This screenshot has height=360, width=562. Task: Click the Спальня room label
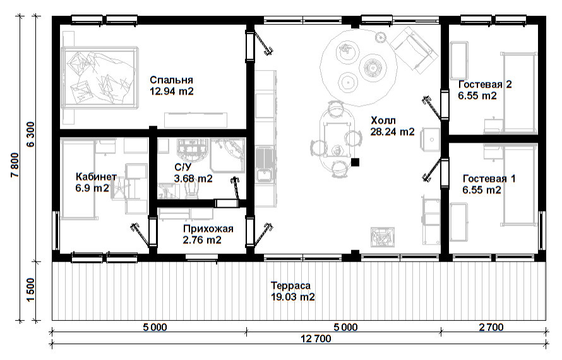point(171,80)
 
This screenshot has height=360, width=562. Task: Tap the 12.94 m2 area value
point(172,92)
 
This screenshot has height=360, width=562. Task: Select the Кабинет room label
point(96,177)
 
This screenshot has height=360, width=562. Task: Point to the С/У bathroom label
point(182,167)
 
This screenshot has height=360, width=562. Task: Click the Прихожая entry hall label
point(208,229)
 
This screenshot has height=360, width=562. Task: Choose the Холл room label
point(383,120)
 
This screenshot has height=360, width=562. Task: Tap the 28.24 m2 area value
point(393,132)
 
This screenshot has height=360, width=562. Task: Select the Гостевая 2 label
point(486,85)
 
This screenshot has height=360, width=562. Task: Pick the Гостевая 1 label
point(489,179)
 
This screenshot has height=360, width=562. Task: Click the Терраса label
point(290,285)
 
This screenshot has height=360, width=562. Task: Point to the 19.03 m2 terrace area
point(293,297)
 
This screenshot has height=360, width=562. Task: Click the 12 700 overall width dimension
point(316,339)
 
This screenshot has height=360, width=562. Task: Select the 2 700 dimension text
point(491,327)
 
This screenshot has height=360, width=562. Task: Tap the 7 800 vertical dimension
point(15,165)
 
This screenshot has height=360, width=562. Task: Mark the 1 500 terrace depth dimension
point(31,290)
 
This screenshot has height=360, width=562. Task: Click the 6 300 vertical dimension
point(31,135)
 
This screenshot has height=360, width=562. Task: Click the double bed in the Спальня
point(100,77)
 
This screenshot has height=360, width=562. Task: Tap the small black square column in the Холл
point(355,162)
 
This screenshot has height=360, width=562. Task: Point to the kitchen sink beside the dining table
point(265,165)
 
